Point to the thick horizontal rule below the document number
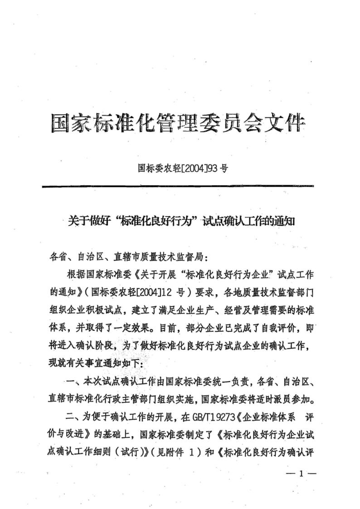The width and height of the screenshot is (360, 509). tap(178, 186)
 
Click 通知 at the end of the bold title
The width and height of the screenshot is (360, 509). tap(284, 223)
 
